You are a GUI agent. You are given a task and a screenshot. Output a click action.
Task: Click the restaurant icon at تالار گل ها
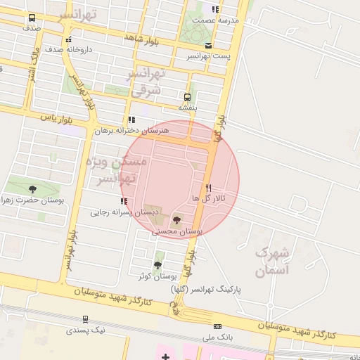(x=208, y=188)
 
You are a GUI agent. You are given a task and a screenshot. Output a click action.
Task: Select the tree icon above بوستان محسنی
(x=176, y=221)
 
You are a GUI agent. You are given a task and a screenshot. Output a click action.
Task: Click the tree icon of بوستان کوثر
(x=157, y=265)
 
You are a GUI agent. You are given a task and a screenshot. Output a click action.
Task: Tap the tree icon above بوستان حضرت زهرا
(x=32, y=189)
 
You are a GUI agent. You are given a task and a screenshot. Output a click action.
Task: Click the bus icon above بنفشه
(x=187, y=98)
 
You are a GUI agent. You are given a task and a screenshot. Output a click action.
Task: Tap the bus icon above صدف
(x=32, y=18)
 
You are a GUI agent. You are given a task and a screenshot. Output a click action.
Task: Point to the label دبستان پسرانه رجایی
(x=118, y=211)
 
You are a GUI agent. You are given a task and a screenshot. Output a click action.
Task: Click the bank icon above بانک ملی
(x=217, y=326)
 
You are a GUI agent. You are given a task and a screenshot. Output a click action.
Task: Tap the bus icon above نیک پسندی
(x=86, y=319)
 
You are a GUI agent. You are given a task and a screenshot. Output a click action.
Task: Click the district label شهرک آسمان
(x=271, y=261)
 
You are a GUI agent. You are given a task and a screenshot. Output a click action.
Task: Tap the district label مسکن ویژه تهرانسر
(x=115, y=170)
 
